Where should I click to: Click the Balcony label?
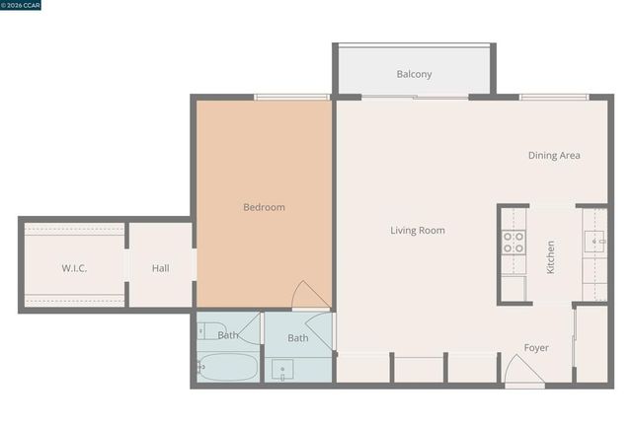pos(414,74)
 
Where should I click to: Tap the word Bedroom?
pos(264,207)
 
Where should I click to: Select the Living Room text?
pos(417,231)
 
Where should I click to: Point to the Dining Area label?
pos(553,155)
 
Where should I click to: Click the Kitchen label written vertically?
pos(551,257)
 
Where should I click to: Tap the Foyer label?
pos(536,348)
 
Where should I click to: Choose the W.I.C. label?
pos(75,268)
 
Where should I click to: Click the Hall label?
pos(161,268)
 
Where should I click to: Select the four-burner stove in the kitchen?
pos(513,243)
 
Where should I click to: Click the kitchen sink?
pos(594,239)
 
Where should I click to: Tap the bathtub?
pos(227,368)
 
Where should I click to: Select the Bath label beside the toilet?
pos(228,335)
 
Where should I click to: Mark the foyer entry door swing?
pos(522,371)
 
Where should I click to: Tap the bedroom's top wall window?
pos(291,97)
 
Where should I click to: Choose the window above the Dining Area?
pos(553,97)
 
